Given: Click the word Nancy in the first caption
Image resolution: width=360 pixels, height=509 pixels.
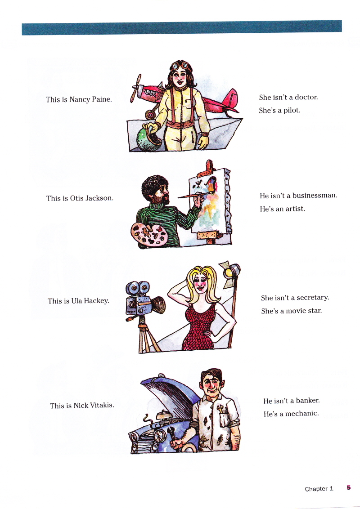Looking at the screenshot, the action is coord(79,99).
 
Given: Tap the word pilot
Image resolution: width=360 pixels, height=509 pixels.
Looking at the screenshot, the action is coord(292,110).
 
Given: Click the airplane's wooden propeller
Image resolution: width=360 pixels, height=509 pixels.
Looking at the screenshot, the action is coord(136,88).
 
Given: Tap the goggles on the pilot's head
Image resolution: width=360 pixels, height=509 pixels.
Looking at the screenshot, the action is coord(180,65).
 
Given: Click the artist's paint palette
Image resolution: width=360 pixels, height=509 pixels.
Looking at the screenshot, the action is coord(149,235).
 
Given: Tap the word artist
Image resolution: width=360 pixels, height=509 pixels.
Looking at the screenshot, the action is coord(295,209).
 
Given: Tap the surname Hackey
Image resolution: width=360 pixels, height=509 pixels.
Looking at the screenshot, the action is coord(96,301).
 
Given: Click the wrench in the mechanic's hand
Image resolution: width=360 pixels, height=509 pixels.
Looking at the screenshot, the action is coord(171,435).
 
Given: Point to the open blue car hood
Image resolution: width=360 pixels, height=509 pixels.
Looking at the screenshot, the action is coord(171,394).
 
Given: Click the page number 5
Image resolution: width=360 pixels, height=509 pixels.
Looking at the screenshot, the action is coord(349,487).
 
